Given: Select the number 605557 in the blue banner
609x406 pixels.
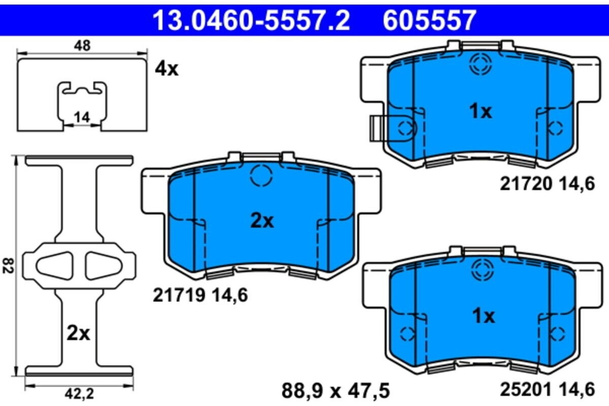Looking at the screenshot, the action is coord(429,20).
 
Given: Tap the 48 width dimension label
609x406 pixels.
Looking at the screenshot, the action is coord(82,46).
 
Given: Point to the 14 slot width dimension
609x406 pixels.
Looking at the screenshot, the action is coord(82,118).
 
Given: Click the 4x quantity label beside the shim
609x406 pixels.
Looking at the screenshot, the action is coord(166,69).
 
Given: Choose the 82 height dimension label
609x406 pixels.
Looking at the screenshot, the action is coord(8,266).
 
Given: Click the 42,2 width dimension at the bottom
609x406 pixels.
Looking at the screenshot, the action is coord(79,394).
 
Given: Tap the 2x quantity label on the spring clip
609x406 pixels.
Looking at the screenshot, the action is coord(78,334).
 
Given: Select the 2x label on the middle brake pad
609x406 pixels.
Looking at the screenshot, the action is coord(262,221).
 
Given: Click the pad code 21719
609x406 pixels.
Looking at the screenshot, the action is coord(179,296).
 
